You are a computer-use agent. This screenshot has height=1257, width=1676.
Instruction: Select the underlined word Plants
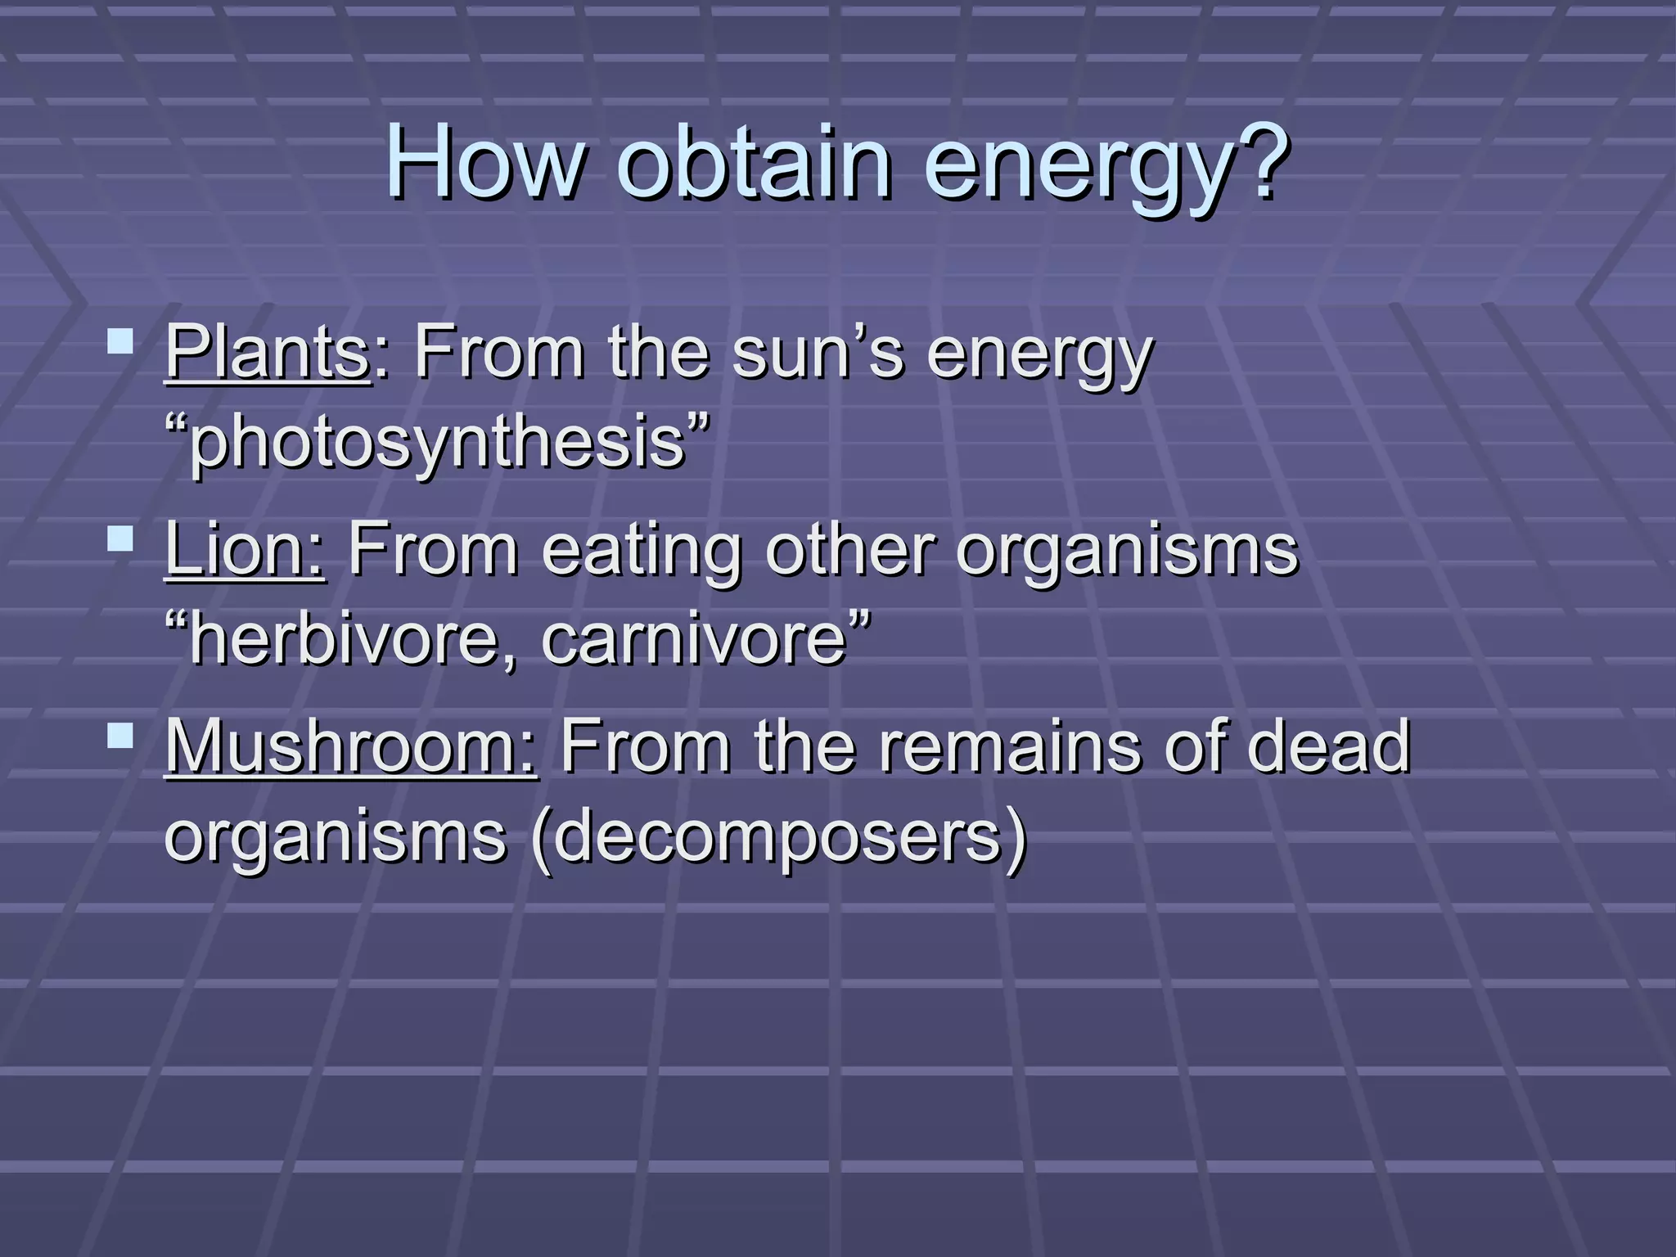(x=268, y=353)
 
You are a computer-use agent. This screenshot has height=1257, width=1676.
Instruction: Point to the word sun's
(x=818, y=353)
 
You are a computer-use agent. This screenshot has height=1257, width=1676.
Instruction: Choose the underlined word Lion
(x=244, y=549)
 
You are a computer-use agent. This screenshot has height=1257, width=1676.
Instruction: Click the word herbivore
(x=344, y=639)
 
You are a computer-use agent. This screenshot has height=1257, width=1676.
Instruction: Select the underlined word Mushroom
(x=351, y=746)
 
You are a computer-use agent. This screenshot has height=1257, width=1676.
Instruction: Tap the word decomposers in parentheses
(x=777, y=836)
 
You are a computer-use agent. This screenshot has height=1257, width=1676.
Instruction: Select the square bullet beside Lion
(x=120, y=538)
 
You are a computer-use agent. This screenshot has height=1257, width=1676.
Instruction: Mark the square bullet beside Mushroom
(x=120, y=735)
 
